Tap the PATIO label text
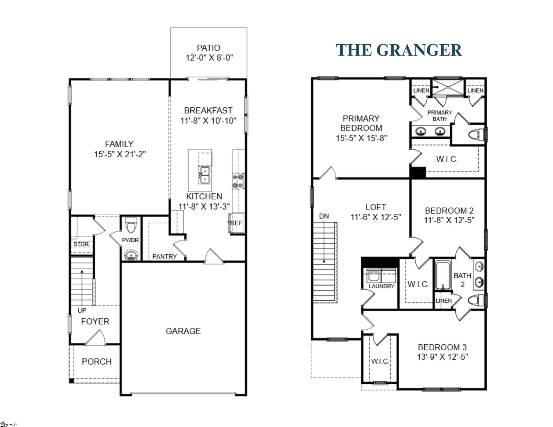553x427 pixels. coord(208,48)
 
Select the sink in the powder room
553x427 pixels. coord(131,255)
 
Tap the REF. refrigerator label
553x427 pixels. coord(237,223)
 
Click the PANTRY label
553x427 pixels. coord(164,256)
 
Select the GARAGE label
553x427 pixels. coord(183,331)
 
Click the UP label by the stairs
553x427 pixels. coord(82,310)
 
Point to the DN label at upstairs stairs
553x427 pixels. coord(324,216)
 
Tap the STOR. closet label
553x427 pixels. coord(81,244)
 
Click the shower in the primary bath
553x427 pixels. coord(448,87)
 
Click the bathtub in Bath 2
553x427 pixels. coord(442,275)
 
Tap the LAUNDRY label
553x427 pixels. coord(381,286)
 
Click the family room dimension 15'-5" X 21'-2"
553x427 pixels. coord(120,154)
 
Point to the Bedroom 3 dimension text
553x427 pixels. coord(442,357)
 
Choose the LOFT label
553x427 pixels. coord(376,207)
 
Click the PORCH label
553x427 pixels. coord(96,362)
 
